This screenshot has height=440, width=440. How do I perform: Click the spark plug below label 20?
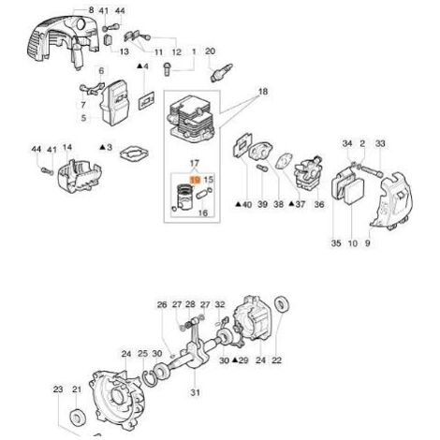pos(222,72)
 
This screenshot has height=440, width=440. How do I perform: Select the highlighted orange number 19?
pos(196,180)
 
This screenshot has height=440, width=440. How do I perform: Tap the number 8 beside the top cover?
pos(91,10)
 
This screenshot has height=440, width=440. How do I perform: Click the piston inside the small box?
pos(184,198)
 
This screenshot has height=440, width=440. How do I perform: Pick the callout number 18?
pos(263,92)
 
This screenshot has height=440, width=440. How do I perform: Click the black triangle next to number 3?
pos(102,147)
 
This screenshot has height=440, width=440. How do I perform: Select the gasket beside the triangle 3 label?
pos(134,154)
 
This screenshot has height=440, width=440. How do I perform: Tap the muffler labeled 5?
pos(114,102)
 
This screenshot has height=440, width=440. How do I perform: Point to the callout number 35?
pos(336,242)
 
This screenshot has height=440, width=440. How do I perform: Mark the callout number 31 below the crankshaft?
pos(195,392)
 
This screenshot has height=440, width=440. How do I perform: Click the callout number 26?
pos(162,304)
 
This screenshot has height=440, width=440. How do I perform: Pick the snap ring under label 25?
pos(151,375)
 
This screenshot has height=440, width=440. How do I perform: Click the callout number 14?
pos(67,147)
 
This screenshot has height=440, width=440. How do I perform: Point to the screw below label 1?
pos(168,68)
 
